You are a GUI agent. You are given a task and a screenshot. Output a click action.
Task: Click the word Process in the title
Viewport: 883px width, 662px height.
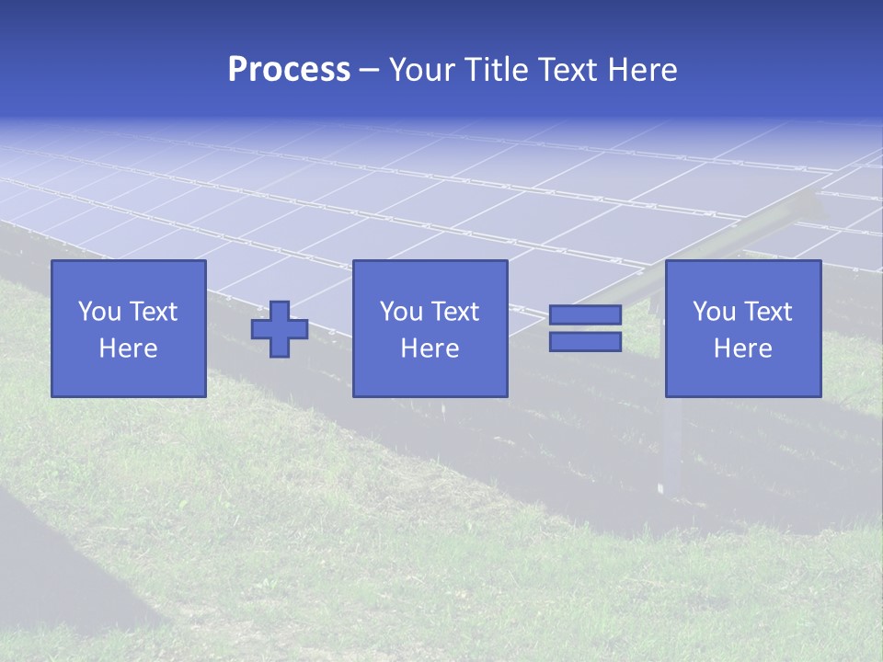[x=289, y=70]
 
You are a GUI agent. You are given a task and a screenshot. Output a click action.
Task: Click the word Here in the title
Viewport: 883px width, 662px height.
[x=643, y=70]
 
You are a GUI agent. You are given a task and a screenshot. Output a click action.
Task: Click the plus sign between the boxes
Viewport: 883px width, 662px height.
[x=280, y=329]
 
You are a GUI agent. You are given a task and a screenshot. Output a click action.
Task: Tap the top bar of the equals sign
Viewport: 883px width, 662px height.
[x=585, y=315]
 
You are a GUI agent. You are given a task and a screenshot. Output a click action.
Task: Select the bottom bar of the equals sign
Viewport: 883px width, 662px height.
[x=585, y=341]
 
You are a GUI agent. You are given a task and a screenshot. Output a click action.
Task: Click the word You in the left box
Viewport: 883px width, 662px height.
[x=100, y=312]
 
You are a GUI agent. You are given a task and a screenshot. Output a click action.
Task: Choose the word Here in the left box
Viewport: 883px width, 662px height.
[x=129, y=348]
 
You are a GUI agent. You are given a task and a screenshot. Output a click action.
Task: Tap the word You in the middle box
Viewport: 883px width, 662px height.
[x=402, y=312]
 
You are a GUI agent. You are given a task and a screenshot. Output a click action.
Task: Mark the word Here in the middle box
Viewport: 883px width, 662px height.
[x=430, y=348]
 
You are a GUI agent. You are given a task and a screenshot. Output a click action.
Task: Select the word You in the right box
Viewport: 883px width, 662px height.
[x=715, y=312]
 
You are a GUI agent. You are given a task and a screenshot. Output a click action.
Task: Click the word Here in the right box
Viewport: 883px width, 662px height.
[x=743, y=348]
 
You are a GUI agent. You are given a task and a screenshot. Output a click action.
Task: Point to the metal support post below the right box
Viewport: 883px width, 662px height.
[x=674, y=451]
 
